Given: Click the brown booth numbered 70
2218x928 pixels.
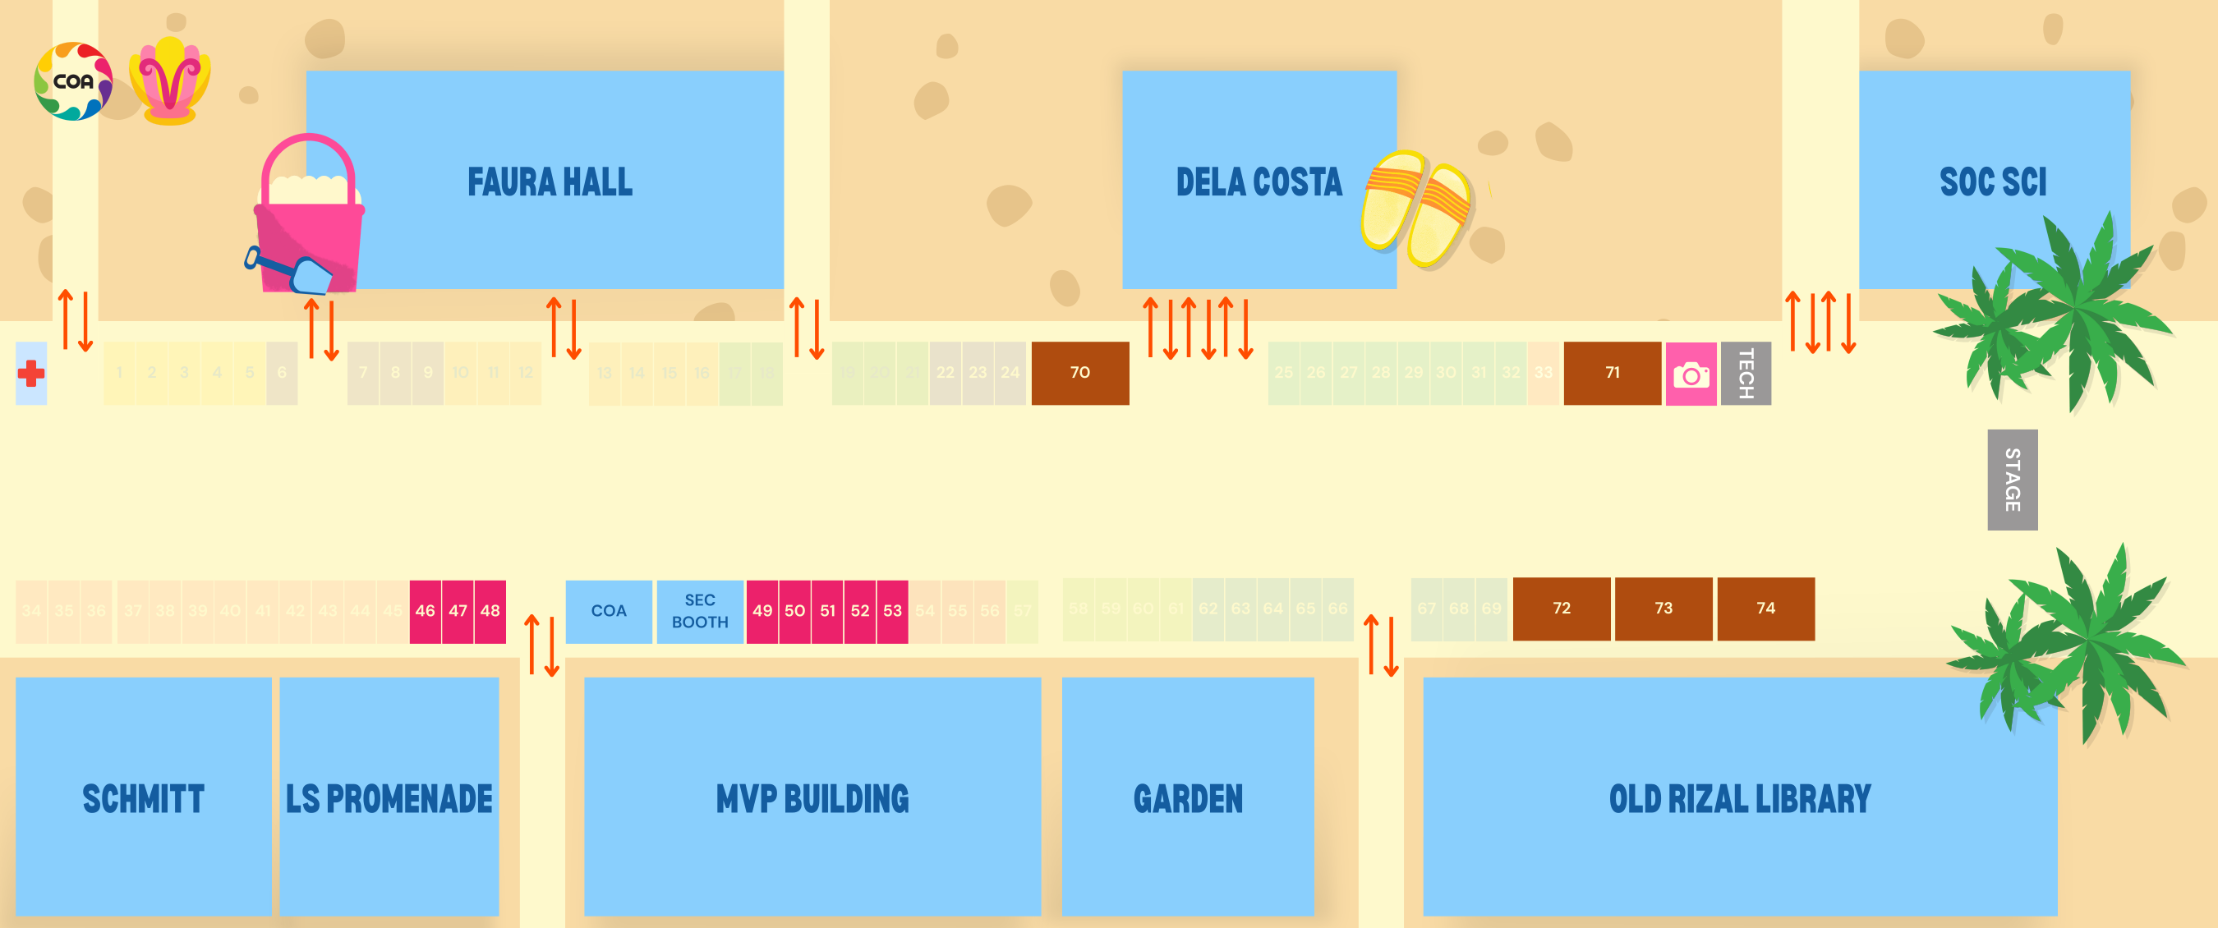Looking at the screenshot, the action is pos(1079,373).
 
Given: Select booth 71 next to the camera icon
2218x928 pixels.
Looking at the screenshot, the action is pos(1612,373).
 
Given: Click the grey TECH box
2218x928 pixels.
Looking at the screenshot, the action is pos(1746,374).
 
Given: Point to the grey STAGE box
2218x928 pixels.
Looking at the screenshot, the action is pos(2012,480).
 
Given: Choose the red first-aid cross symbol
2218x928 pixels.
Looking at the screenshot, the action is pos(31,374).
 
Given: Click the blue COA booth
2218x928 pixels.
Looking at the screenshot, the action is pos(609,611).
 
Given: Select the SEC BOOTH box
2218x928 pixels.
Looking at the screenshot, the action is pos(700,611).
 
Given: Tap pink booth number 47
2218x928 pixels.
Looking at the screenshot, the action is pos(458,611).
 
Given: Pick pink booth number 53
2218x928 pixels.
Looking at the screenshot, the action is pos(892,611).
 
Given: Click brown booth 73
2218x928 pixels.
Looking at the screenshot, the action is pos(1663,609).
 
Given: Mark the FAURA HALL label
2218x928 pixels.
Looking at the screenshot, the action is pos(550,181).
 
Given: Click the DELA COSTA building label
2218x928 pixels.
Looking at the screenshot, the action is pos(1259,181).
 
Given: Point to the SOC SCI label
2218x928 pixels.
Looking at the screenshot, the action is pos(1992,181).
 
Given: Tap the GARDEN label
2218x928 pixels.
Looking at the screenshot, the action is pos(1188,799).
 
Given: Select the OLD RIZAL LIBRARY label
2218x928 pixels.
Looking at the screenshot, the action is pos(1739,799).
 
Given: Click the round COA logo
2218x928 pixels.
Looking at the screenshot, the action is pos(73,82).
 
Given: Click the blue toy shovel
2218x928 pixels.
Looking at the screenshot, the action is pos(292,272).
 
